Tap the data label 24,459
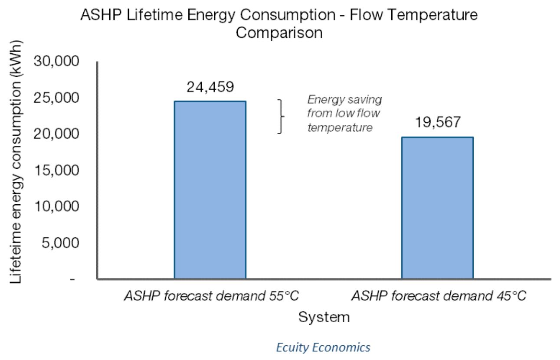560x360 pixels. (x=210, y=87)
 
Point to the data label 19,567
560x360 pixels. (x=437, y=123)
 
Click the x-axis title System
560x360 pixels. (x=324, y=317)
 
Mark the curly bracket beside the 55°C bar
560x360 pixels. (x=281, y=116)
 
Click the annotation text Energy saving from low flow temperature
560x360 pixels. (x=344, y=113)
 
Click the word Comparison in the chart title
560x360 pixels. (x=279, y=33)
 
